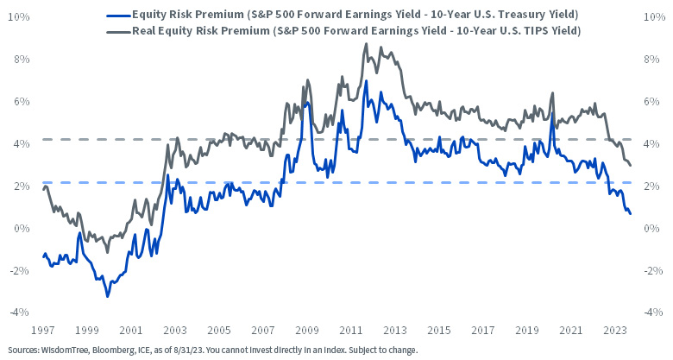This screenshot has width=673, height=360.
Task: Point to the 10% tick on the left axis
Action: [20, 17]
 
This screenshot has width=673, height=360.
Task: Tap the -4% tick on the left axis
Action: [20, 312]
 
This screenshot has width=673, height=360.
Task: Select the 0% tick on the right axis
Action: [652, 228]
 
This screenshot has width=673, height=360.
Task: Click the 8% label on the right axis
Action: [652, 60]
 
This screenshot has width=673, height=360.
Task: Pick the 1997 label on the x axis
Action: [42, 330]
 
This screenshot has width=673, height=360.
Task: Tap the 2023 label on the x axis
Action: [614, 330]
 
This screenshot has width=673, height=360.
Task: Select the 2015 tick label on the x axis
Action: [438, 330]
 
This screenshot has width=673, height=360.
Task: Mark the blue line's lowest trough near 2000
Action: [108, 296]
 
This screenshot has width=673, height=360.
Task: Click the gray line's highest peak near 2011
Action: [366, 44]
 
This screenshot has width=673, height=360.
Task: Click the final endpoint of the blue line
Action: [630, 213]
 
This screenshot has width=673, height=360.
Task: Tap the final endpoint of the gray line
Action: [630, 165]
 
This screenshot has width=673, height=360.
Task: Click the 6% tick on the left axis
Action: [20, 102]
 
